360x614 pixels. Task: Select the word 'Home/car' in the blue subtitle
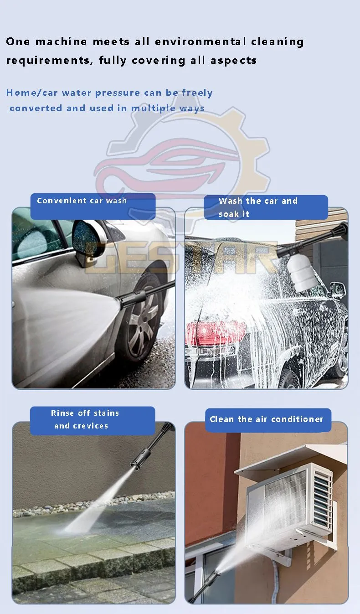point(32,93)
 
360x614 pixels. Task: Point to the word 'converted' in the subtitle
point(36,108)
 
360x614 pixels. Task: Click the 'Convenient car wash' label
point(93,206)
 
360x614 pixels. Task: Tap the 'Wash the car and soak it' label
point(266,207)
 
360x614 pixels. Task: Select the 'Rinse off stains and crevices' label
point(93,420)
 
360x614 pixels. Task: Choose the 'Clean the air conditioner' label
point(268,420)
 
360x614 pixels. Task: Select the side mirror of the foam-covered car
point(338,290)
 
